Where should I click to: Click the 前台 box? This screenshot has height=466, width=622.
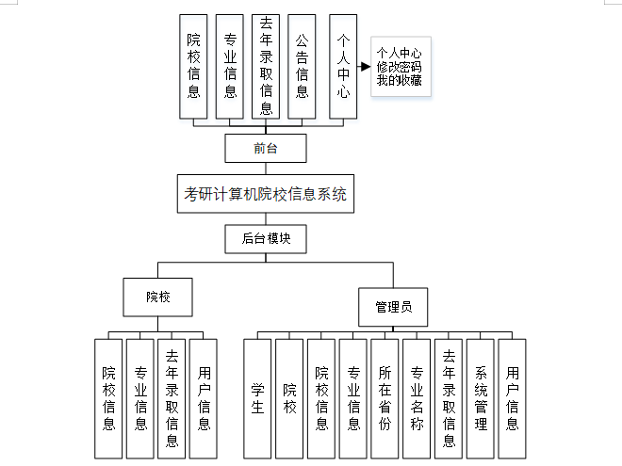click(266, 148)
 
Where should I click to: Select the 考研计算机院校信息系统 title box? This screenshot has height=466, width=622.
click(266, 196)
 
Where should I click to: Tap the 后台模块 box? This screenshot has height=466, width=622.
click(266, 239)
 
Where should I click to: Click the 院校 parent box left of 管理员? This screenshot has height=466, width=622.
click(157, 297)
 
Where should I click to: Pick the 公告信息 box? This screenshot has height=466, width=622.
click(302, 66)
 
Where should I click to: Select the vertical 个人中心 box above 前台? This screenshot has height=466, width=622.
click(343, 66)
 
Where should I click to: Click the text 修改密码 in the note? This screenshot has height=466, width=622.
click(399, 67)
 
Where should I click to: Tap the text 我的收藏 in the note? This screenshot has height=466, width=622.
click(399, 81)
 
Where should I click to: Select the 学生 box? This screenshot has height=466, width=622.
click(257, 397)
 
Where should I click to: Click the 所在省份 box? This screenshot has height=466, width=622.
click(385, 397)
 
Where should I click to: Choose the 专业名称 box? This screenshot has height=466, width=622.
click(417, 397)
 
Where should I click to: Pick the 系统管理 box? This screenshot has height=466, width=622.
click(480, 397)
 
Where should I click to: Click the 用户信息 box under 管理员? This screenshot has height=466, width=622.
click(512, 397)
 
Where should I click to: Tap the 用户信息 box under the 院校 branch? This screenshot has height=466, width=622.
click(204, 397)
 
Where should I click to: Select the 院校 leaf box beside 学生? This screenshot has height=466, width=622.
click(289, 397)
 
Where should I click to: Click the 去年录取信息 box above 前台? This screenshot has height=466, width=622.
click(266, 66)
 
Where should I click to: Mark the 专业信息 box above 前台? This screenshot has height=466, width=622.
click(230, 66)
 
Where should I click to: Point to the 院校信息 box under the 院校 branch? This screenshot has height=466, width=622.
click(108, 397)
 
